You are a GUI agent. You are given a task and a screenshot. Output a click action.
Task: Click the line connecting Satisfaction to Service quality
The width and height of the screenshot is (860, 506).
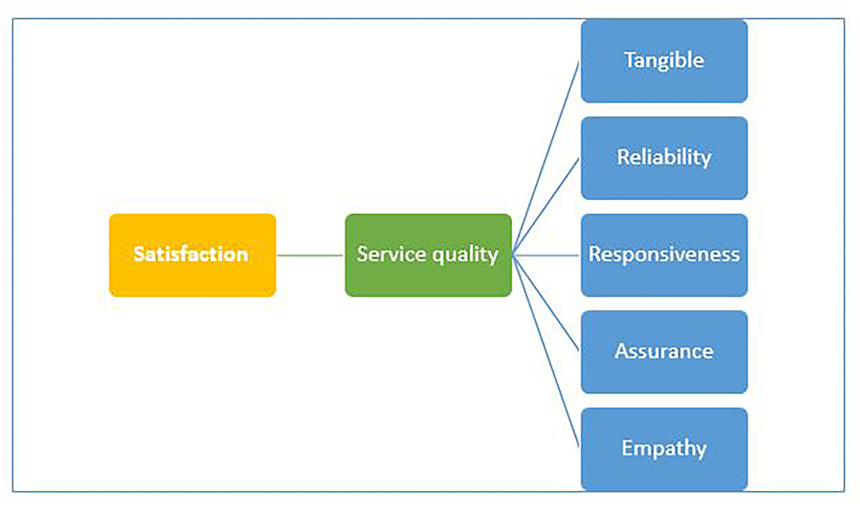(310, 255)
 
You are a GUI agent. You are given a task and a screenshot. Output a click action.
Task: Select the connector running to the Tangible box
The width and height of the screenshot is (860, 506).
(546, 158)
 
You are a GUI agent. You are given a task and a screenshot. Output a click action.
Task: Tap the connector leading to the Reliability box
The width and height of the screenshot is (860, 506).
(546, 206)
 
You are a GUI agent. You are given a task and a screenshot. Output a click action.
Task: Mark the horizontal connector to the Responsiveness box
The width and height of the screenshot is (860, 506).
(546, 255)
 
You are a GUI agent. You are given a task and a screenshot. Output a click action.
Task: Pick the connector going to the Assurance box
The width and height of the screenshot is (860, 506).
(546, 304)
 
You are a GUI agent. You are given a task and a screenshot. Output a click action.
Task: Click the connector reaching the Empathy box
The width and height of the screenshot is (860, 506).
(546, 352)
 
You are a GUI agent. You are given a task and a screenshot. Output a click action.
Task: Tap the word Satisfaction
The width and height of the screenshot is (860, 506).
(191, 254)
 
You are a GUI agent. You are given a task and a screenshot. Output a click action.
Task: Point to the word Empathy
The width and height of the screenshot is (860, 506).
(664, 448)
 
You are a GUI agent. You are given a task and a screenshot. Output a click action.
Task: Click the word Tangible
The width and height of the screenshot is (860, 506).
(664, 60)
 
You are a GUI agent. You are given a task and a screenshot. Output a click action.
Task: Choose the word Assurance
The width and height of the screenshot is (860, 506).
(664, 351)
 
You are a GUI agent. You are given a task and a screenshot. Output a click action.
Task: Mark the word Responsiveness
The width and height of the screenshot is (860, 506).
(664, 254)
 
